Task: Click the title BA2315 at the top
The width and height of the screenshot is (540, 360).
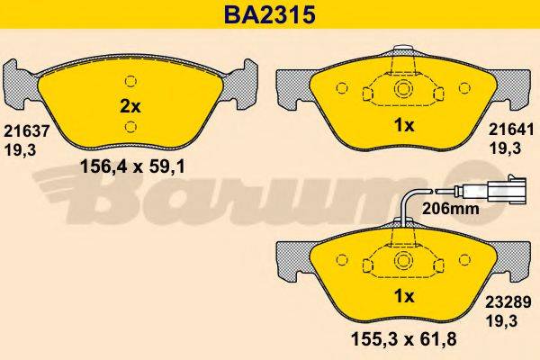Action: [269, 14]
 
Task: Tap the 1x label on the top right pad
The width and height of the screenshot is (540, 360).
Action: [405, 126]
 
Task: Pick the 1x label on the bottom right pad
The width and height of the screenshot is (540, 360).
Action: [403, 297]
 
